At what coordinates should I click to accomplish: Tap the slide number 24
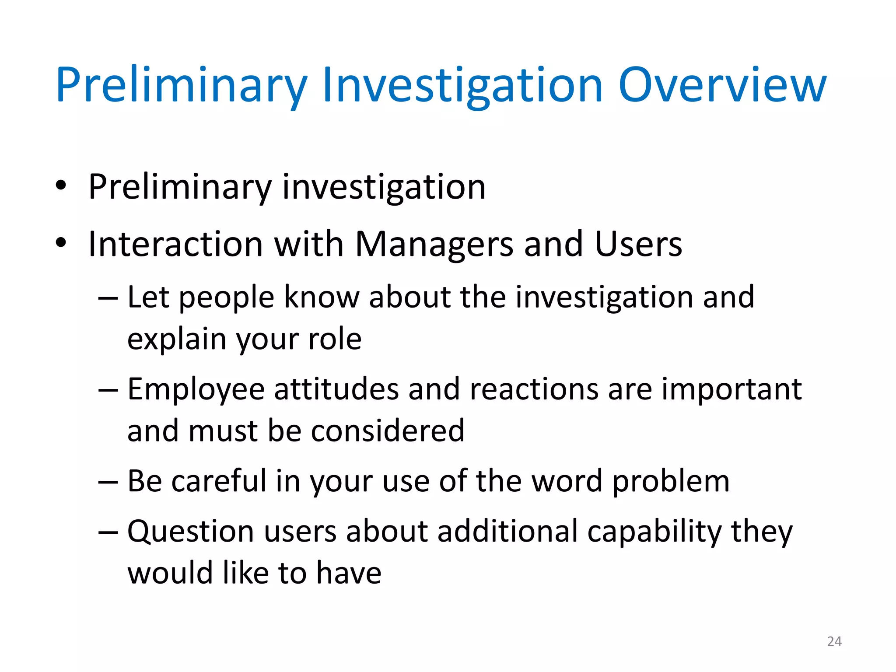[834, 641]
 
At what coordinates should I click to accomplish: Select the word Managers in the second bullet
[434, 244]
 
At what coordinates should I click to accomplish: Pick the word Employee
[196, 389]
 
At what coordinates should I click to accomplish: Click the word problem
[670, 481]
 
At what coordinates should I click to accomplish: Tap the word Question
[191, 532]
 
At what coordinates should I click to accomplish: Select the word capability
[654, 532]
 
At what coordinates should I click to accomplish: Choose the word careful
[219, 481]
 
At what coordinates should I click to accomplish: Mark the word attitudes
[336, 389]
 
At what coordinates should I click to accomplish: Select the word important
[731, 389]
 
